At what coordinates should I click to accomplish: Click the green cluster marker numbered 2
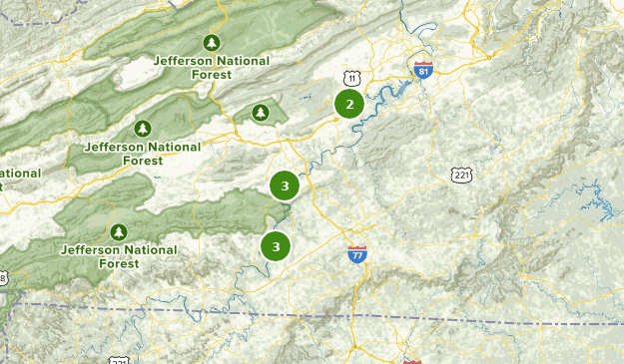click(x=348, y=104)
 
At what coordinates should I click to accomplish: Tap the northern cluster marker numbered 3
click(x=285, y=185)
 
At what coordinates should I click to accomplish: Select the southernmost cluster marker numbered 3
click(x=276, y=245)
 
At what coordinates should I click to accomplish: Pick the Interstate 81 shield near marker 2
click(x=422, y=69)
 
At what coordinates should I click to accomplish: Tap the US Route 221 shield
click(x=460, y=176)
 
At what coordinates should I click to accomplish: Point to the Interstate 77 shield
click(x=357, y=254)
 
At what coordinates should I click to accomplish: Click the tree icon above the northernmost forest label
click(x=211, y=42)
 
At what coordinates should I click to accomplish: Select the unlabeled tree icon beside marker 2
click(x=261, y=113)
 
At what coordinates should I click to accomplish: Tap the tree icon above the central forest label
click(x=143, y=129)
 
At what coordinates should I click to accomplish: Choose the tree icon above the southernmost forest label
click(x=120, y=232)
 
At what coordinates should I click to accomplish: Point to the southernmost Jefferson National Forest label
click(x=119, y=256)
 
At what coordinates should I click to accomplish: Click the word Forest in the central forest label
click(x=143, y=160)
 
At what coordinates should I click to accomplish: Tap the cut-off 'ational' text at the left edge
click(x=20, y=173)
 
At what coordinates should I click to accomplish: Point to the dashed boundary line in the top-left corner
click(x=25, y=21)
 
